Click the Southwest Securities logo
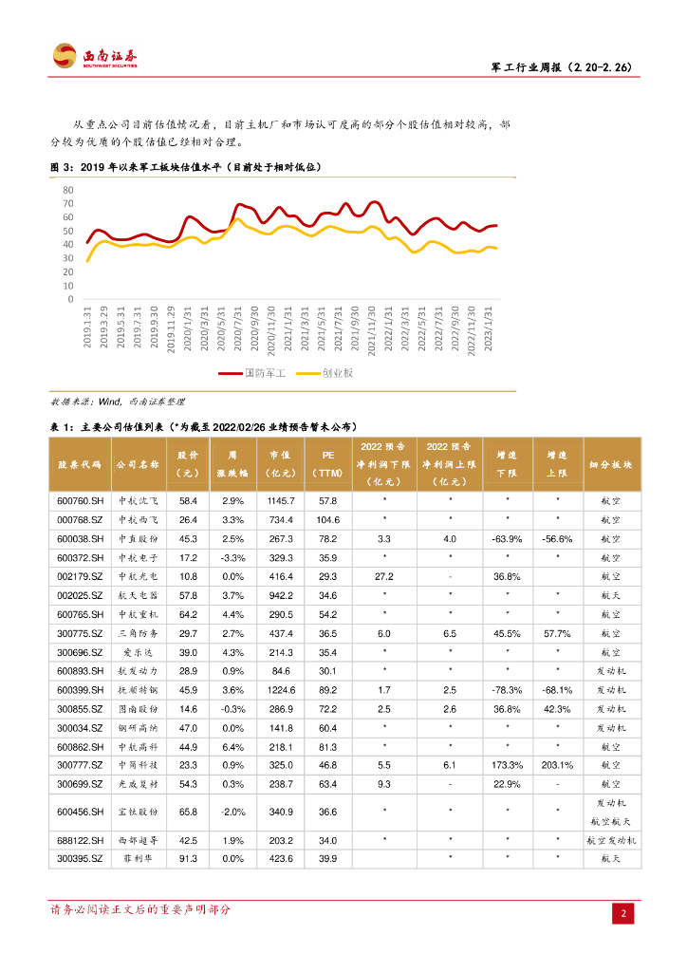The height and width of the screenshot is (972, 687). click(x=93, y=56)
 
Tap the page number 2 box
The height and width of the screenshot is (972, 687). click(x=623, y=913)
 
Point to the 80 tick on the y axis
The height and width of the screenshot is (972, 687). click(x=67, y=190)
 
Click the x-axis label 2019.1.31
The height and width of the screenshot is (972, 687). click(x=87, y=327)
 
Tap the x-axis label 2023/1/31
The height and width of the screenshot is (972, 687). click(x=489, y=327)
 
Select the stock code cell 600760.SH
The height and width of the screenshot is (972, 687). click(x=79, y=499)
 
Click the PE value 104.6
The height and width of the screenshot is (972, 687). click(x=328, y=519)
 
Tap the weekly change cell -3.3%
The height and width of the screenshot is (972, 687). click(x=232, y=557)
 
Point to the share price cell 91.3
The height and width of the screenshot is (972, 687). click(x=188, y=859)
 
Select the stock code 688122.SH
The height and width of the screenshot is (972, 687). click(x=79, y=840)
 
